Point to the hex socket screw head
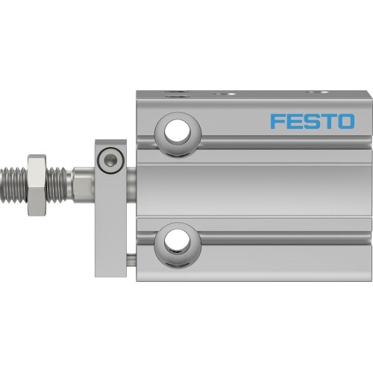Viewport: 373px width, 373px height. click(x=111, y=158)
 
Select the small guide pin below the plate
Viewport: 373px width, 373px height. click(x=132, y=260)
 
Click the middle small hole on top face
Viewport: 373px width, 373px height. click(x=225, y=94)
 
